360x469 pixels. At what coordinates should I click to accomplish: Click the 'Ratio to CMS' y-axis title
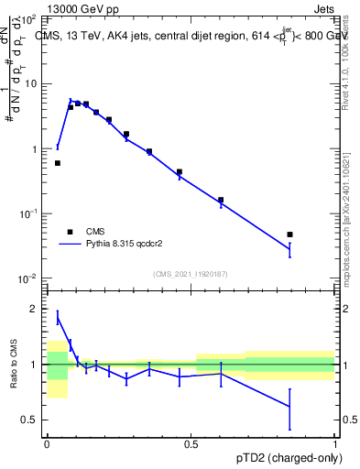tap(14, 365)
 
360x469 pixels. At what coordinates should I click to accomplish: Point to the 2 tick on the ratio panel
tap(37, 309)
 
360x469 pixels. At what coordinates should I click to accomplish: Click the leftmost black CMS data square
tap(58, 163)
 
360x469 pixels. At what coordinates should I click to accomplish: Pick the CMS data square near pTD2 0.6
tap(221, 200)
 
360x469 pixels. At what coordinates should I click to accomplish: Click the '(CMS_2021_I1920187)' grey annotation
tap(191, 274)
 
